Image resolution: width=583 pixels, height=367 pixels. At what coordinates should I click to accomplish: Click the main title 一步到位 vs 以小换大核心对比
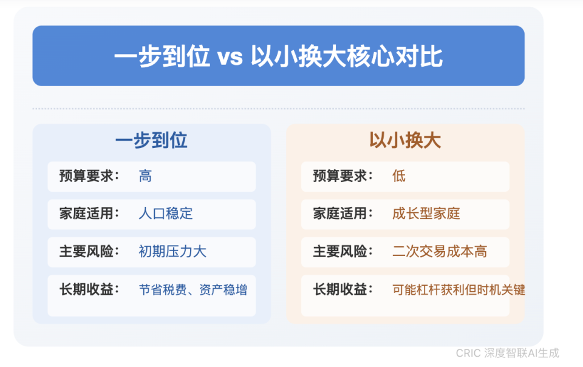pos(278,57)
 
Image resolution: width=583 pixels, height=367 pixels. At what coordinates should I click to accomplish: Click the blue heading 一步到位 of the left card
pos(151,140)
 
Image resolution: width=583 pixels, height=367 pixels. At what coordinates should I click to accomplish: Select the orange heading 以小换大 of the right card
pos(405,140)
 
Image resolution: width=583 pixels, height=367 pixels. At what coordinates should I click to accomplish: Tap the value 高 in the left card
pos(145,177)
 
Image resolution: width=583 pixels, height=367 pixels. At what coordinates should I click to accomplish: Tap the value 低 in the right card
pos(399,177)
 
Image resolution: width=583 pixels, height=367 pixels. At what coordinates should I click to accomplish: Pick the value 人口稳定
pos(166,214)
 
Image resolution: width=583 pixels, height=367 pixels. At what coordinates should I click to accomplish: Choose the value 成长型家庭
pos(426,214)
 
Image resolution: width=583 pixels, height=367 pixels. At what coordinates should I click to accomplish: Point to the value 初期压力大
pos(172,251)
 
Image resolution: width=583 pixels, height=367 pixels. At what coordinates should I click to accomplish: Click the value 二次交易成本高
pos(440,251)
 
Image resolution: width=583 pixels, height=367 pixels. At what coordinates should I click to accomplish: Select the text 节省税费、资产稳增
pos(193,289)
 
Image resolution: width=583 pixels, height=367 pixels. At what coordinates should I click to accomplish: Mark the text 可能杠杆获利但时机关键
pos(459,289)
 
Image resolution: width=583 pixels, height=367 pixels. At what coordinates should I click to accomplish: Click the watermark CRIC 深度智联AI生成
pos(508,353)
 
